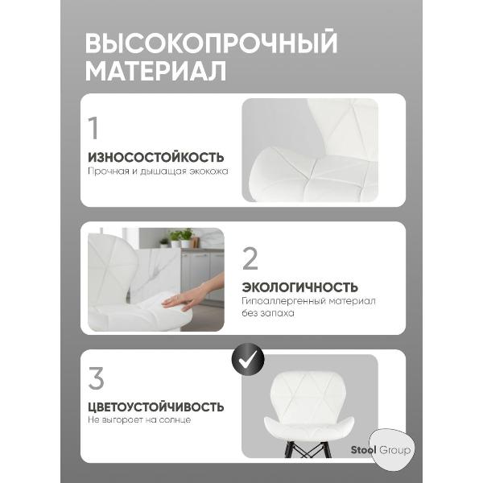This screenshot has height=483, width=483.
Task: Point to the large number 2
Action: (250, 258)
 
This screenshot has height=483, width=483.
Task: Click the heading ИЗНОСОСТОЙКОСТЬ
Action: (155, 157)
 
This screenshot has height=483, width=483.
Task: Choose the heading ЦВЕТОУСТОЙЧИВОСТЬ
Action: (155, 407)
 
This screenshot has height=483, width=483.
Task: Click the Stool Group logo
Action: (381, 450)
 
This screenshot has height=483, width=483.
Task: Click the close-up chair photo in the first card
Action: (310, 150)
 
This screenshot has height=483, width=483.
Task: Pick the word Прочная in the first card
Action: (105, 171)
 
